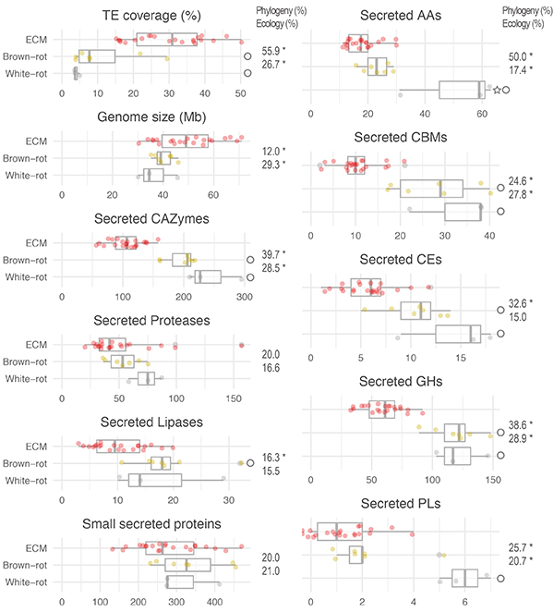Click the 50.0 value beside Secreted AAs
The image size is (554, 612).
518,57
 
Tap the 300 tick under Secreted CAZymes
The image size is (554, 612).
245,296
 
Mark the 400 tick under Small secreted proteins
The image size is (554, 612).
215,601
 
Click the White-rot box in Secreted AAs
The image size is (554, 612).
462,90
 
